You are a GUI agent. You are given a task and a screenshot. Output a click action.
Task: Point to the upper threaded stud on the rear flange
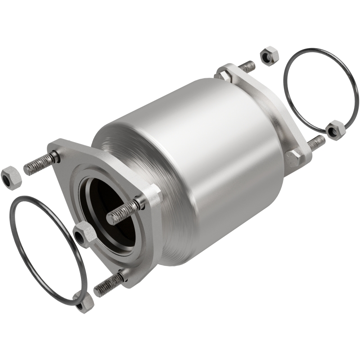[246, 67]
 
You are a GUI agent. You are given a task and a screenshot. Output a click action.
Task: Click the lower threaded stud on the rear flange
[315, 143]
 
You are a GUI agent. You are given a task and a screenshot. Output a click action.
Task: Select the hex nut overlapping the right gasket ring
[335, 130]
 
